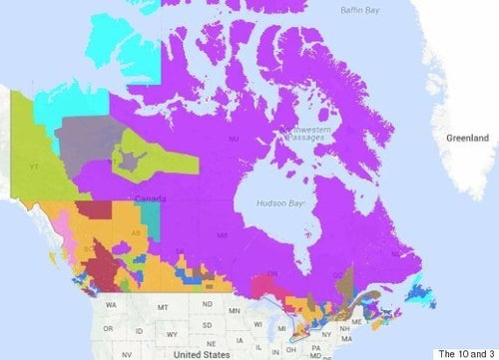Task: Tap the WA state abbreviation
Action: [110, 302]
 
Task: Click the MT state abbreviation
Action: [162, 307]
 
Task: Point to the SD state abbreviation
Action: [209, 324]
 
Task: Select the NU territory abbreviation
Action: [234, 139]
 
